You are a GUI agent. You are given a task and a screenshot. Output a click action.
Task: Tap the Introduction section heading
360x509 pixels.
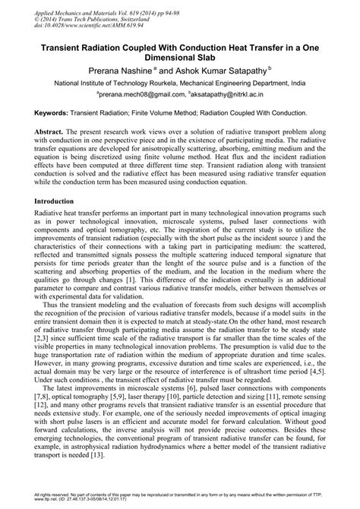(x=58, y=201)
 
